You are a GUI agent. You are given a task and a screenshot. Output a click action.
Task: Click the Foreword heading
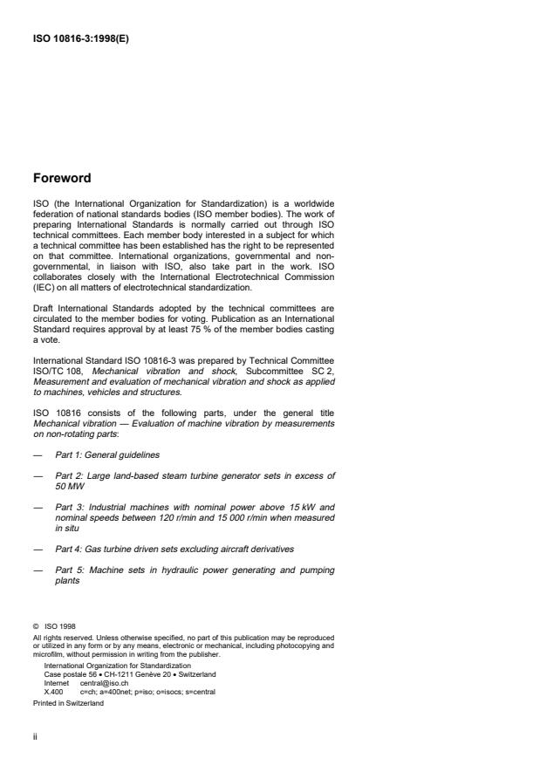61,178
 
